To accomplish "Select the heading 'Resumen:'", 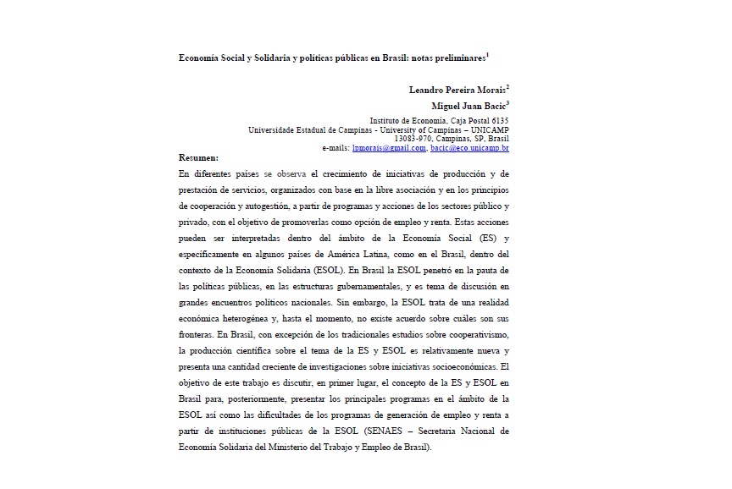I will click(199, 157).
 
